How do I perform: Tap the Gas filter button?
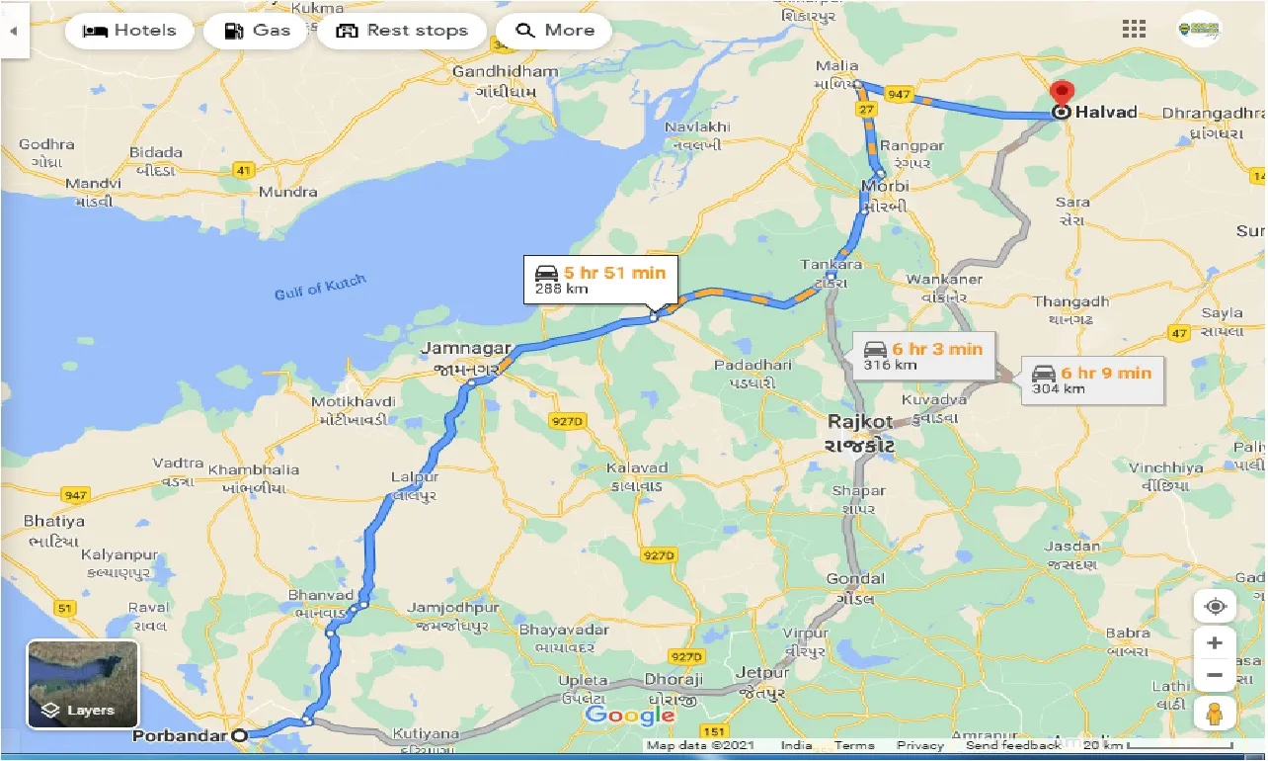(x=257, y=31)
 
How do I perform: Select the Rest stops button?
(x=402, y=31)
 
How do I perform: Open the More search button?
(x=554, y=31)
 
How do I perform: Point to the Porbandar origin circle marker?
(x=239, y=735)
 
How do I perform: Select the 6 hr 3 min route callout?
(x=922, y=356)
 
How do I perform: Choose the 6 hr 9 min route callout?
(x=1090, y=380)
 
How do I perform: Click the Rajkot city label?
(x=860, y=422)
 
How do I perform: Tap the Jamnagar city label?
(x=465, y=348)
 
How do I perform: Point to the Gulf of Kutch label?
(x=319, y=288)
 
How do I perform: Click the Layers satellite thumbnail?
(x=83, y=684)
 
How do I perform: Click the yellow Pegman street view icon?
(x=1214, y=714)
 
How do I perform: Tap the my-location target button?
(x=1215, y=606)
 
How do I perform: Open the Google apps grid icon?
(x=1134, y=29)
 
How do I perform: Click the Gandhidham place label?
(x=505, y=72)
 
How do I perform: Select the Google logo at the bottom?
(x=629, y=715)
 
